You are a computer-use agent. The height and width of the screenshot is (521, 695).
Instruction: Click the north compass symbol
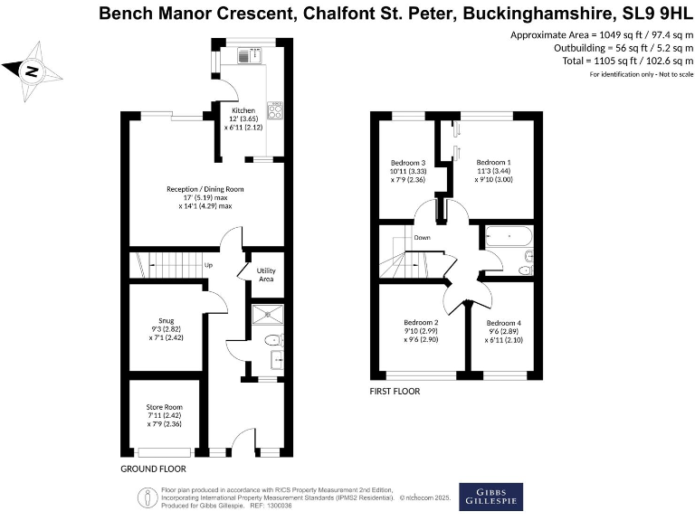[32, 69]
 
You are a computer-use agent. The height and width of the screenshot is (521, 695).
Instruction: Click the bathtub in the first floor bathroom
[509, 237]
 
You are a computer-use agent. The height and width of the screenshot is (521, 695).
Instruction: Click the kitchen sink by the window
[247, 56]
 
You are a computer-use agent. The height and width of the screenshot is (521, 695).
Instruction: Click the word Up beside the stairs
[208, 265]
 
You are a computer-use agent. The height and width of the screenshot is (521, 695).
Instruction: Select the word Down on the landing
[423, 238]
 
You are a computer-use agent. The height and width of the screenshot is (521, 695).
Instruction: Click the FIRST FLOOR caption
[395, 392]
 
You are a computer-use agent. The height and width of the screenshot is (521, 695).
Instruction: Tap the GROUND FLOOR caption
[153, 469]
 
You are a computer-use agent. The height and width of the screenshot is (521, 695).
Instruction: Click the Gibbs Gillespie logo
[490, 497]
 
